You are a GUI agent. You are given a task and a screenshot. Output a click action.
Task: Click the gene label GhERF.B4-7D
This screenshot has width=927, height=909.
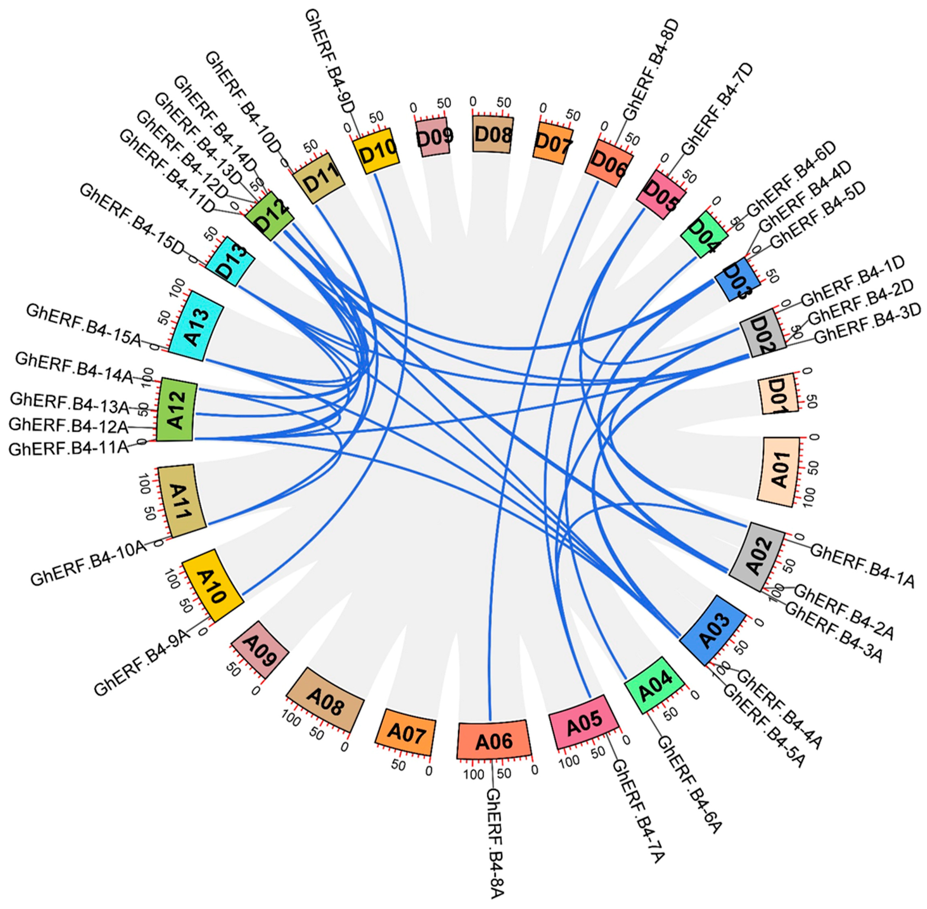pyautogui.click(x=716, y=109)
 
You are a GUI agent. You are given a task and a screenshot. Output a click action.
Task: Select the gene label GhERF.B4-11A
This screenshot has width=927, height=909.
pyautogui.click(x=69, y=448)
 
